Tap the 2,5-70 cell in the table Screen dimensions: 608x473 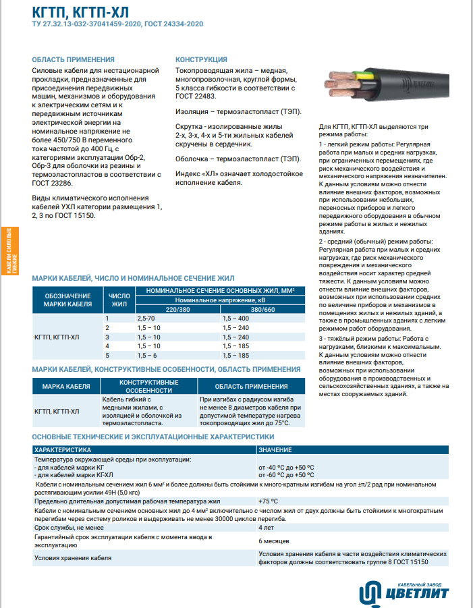pos(146,317)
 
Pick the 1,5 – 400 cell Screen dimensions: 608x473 pos(235,317)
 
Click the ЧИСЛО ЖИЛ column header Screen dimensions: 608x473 pos(119,300)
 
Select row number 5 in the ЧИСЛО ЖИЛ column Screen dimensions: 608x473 pos(107,355)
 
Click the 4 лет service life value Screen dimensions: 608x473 pos(267,528)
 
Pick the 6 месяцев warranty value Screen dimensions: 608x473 pos(274,541)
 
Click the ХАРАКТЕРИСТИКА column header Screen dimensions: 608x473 pos(67,449)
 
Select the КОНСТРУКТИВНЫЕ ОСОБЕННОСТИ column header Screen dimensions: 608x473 pos(149,386)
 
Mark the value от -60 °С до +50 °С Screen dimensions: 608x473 pos(286,475)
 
